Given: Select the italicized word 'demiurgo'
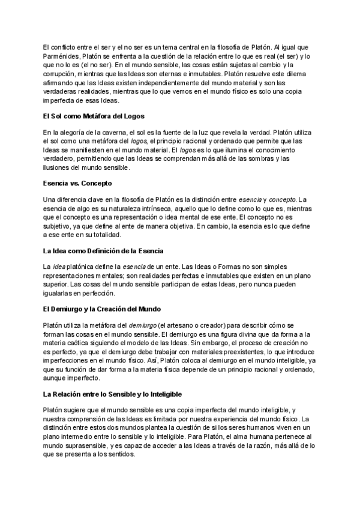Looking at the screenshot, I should (143, 325).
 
